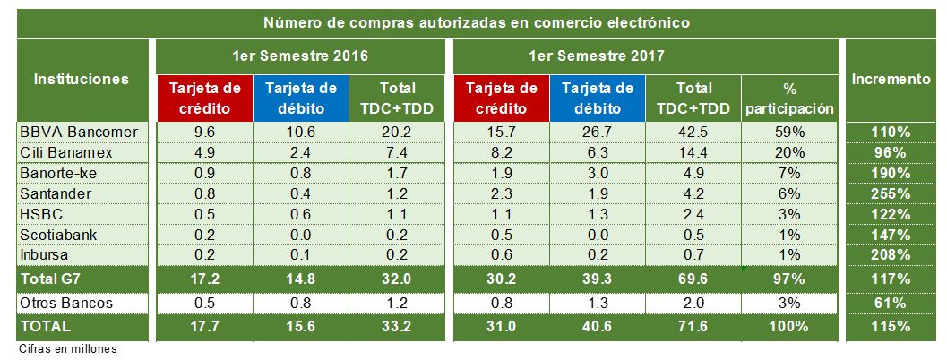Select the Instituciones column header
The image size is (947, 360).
(81, 79)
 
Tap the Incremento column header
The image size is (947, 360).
(891, 79)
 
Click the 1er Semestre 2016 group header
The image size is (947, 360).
(301, 56)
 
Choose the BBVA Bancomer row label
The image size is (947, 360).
(79, 132)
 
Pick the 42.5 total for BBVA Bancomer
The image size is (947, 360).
(695, 132)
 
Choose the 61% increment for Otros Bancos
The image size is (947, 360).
(891, 304)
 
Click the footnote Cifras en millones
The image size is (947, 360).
(68, 347)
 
